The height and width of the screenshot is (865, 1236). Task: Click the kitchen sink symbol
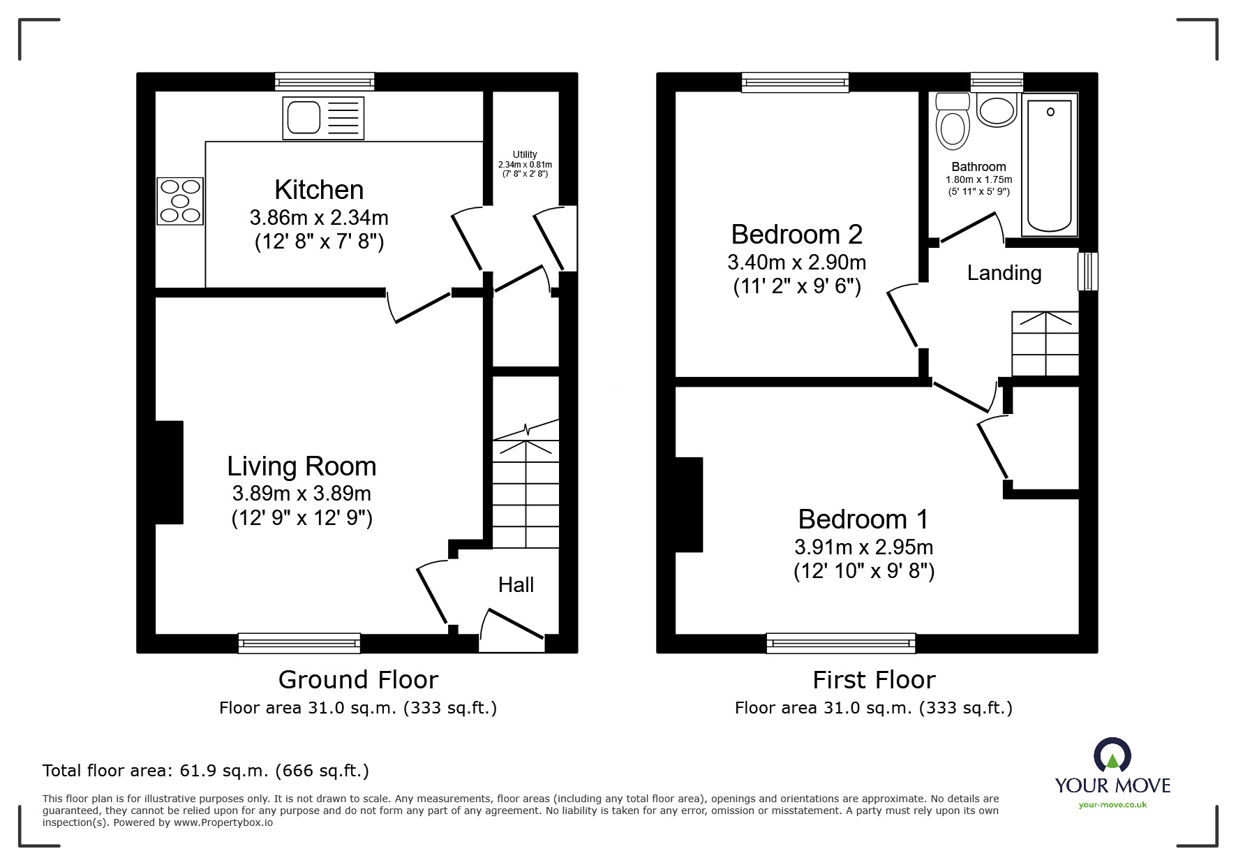pos(323,117)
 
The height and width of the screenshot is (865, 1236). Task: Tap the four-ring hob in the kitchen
pos(181,201)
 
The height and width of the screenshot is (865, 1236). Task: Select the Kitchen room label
pos(319,190)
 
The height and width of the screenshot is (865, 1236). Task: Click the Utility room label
pos(525,154)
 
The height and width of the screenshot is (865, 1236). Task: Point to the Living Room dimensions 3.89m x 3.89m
pos(301,494)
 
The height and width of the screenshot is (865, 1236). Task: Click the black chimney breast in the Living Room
pos(169,472)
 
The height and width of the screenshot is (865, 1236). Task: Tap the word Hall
pos(516,585)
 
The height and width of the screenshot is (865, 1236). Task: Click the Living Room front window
pos(299,642)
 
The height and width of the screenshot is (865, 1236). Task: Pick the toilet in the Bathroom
pos(953,123)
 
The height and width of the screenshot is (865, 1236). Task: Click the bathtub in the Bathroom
pos(1050,165)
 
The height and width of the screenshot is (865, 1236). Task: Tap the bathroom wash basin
pos(997,110)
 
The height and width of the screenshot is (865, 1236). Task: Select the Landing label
pos(1004,273)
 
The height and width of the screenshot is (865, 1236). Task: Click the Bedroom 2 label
pos(796,235)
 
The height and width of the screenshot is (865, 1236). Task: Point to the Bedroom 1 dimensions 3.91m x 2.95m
pos(863,547)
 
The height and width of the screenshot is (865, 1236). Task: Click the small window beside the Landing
pos(1087,271)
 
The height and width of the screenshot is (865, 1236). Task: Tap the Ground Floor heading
pos(358,679)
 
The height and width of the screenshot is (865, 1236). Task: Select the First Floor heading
pos(874,679)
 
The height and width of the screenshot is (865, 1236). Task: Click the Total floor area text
pos(205,771)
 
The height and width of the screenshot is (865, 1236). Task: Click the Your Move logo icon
pos(1112,757)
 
